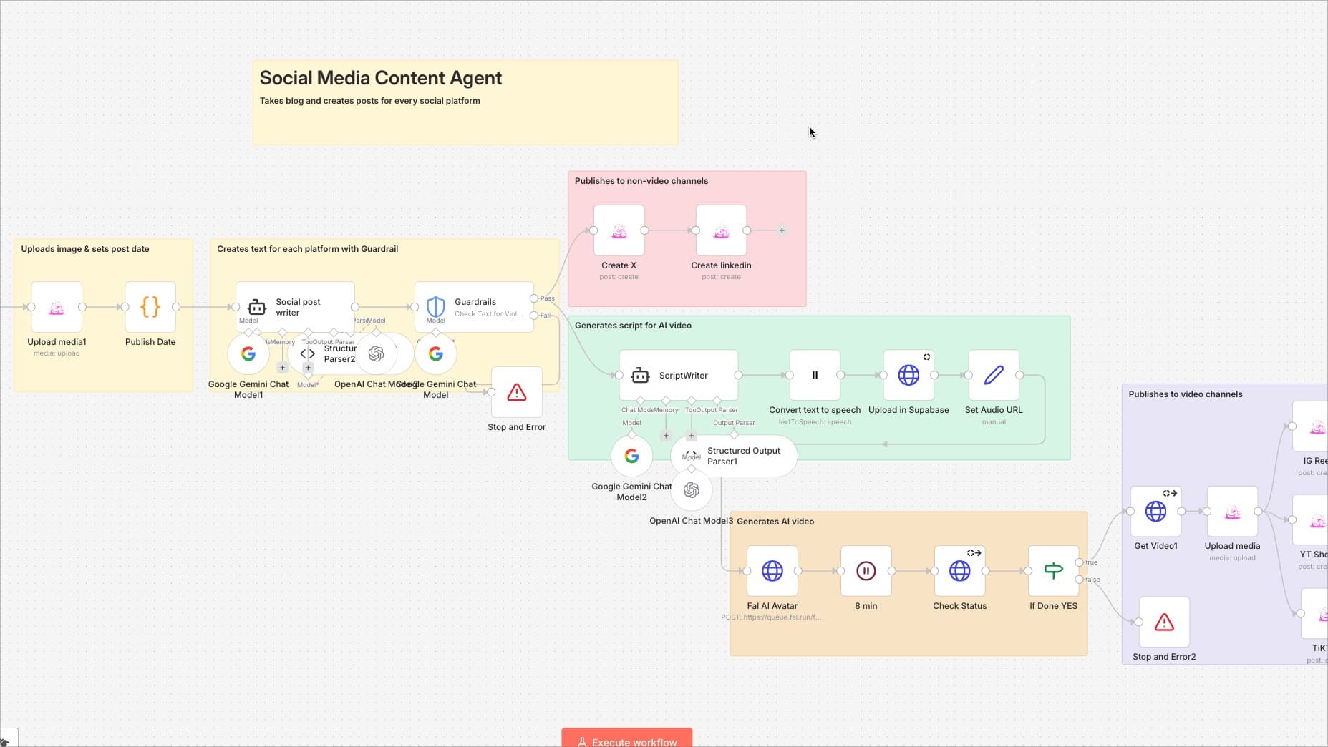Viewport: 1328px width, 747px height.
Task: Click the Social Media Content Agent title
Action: pos(380,78)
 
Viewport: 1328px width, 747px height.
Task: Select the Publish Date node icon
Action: pos(150,307)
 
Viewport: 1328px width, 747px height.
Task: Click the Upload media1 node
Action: pos(57,307)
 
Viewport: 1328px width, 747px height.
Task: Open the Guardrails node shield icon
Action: pos(435,307)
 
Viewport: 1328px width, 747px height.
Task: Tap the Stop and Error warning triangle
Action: pos(516,392)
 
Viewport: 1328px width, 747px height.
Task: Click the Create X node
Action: pos(619,230)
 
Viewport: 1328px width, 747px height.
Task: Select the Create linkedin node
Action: pos(721,230)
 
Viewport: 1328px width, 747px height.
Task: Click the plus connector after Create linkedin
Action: pos(782,230)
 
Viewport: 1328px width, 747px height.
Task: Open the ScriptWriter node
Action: pos(678,375)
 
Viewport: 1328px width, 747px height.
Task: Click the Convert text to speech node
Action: pos(815,375)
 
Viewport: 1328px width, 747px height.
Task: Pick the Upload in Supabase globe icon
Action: pos(908,375)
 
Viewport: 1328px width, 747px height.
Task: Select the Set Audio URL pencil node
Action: pos(994,375)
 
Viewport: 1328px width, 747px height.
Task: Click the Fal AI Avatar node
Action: pos(772,571)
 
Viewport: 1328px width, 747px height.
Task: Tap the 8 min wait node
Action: pos(866,571)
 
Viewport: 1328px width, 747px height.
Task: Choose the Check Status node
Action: pos(959,571)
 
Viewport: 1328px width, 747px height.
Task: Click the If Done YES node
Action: pos(1053,571)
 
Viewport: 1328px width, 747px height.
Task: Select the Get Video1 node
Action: pos(1155,512)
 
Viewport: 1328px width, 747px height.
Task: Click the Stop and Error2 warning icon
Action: pos(1164,622)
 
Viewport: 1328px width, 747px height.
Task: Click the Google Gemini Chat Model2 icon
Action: pos(631,456)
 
